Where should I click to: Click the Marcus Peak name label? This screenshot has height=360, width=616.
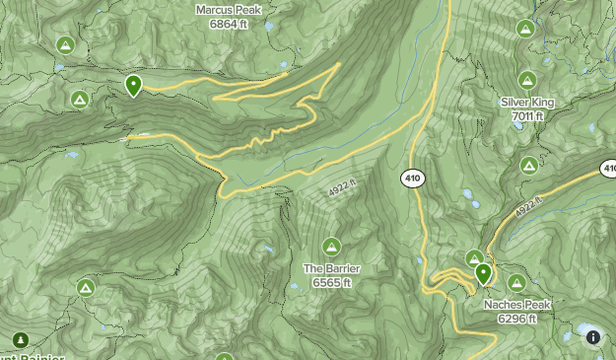pos(229,9)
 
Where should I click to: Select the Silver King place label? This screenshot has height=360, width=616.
pos(527,103)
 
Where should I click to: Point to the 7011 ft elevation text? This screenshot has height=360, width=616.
pos(527,116)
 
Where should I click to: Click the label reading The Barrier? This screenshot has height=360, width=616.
pos(331,268)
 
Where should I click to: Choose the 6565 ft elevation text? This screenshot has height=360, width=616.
pos(331,282)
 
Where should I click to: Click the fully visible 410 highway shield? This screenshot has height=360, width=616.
pos(412,179)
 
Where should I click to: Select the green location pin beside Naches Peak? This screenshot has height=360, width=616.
pos(483,273)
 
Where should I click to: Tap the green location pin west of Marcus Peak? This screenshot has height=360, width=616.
pos(133,86)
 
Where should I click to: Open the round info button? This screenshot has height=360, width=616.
pos(593,337)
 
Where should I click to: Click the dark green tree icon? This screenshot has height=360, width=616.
pos(20,340)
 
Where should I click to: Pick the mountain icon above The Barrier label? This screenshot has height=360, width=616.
pos(331,247)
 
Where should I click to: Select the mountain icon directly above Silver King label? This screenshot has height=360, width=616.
pos(527,81)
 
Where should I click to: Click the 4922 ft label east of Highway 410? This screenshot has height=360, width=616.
pos(528,208)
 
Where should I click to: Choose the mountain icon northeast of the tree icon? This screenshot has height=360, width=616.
pos(86,287)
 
